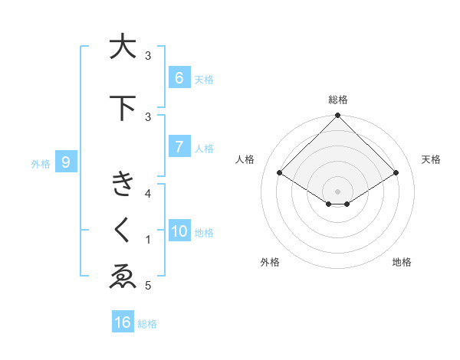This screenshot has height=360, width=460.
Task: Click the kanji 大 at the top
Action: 122,47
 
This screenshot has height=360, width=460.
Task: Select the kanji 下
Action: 122,108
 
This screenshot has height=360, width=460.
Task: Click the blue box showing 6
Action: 179,78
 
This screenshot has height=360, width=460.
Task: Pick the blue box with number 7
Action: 179,147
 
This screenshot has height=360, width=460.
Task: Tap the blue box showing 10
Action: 179,231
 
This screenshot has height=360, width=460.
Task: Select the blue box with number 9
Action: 66,162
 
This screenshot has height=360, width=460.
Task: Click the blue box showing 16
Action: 123,322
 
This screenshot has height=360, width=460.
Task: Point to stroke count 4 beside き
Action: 149,194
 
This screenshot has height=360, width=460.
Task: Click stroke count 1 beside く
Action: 149,240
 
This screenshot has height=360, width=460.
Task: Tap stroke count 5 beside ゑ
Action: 149,286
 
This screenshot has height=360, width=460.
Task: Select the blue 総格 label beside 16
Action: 147,324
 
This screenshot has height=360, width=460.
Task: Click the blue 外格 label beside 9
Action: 41,163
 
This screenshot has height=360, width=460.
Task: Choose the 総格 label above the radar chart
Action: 337,100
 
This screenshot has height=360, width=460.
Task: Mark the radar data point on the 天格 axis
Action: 396,173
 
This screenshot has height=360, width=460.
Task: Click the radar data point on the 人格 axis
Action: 280,173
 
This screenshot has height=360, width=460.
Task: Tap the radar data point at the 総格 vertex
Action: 337,116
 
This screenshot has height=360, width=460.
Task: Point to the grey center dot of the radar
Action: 337,191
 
